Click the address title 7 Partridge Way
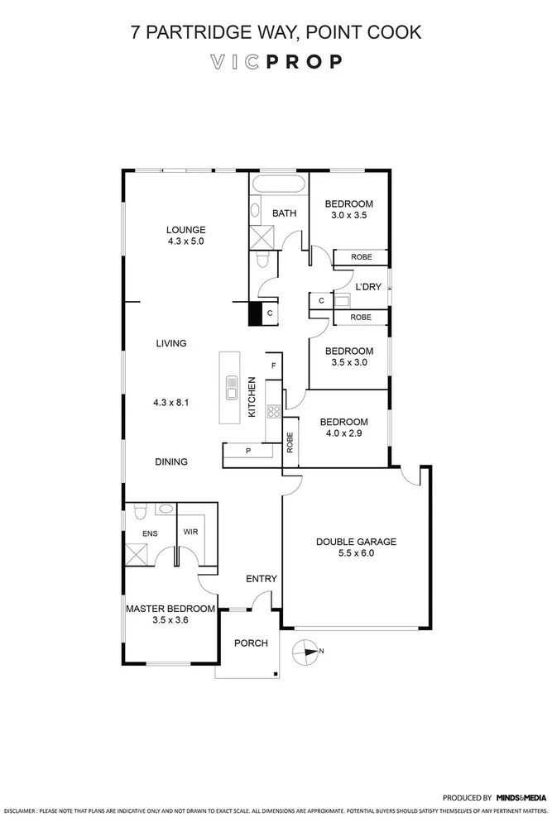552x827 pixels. tap(276, 32)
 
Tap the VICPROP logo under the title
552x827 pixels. tap(276, 62)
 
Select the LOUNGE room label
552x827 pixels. tap(185, 230)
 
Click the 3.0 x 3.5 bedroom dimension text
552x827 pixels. tap(348, 215)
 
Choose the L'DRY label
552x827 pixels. tap(368, 287)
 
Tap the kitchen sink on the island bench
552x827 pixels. tap(232, 387)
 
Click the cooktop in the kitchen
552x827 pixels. tap(272, 411)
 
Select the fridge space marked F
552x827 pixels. tap(273, 365)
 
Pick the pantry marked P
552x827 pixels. tap(248, 451)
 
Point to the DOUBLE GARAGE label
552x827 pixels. tap(356, 543)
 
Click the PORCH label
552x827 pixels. tap(251, 643)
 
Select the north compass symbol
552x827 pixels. tap(307, 652)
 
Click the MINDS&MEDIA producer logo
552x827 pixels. tap(521, 798)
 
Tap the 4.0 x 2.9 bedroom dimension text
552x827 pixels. tap(348, 433)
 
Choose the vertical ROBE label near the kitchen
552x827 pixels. tap(290, 442)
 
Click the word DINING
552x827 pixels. tap(170, 462)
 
